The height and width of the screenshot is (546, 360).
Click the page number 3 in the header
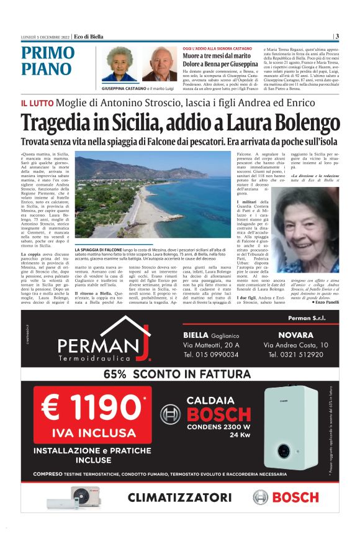click(337, 36)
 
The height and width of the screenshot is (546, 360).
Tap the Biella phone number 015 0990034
click(210, 355)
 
